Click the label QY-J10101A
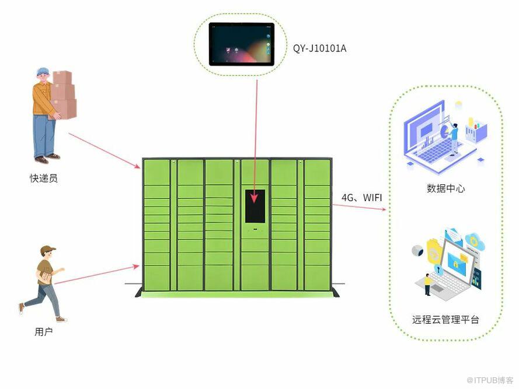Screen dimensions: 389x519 319,48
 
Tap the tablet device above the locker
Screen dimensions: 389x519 242,44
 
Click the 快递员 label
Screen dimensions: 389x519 44,178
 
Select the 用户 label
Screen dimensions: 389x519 44,332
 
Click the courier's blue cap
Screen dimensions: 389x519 43,72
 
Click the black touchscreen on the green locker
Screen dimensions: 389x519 255,206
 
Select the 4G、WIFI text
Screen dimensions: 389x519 361,198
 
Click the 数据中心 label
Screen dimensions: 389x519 445,188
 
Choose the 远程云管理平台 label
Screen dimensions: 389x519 445,320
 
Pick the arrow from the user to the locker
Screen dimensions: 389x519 96,275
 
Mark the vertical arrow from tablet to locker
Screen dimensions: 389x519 255,140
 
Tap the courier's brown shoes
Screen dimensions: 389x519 47,158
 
